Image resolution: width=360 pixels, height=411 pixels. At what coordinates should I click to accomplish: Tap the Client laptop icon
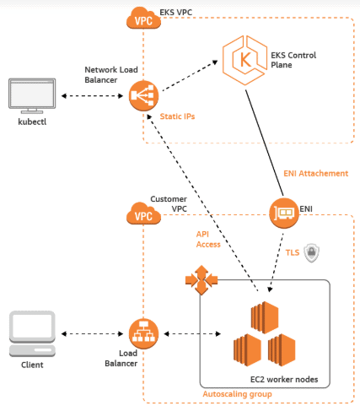click(32, 332)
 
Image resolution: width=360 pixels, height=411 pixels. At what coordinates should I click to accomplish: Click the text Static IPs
click(177, 116)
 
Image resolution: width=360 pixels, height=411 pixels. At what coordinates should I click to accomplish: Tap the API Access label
click(208, 237)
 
